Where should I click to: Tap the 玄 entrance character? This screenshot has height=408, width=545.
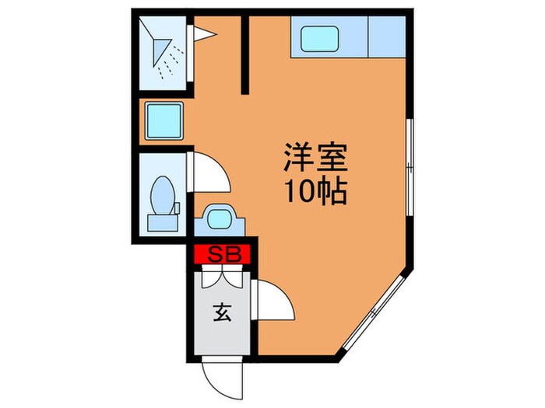click(x=220, y=314)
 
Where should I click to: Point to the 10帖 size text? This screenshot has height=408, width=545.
click(x=315, y=190)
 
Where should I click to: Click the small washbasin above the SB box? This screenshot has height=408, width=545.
click(x=219, y=218)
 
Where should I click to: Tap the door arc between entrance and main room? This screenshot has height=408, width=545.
click(x=274, y=299)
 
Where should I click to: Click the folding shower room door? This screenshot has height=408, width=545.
click(x=202, y=33)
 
